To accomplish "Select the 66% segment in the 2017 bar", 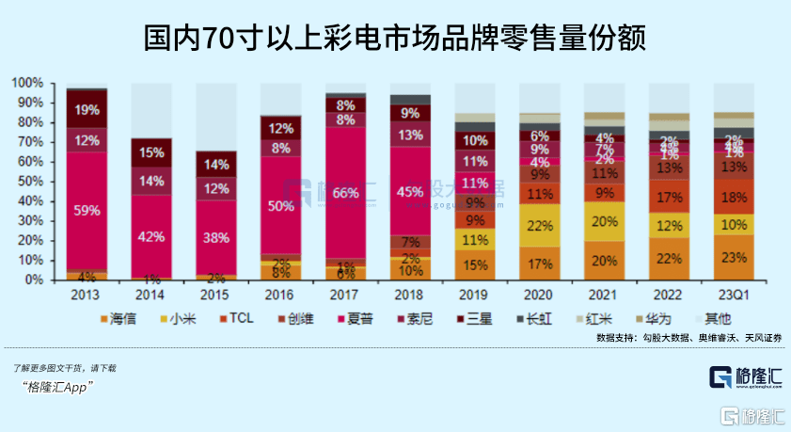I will pyautogui.click(x=346, y=193).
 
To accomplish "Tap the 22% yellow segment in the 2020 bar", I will pyautogui.click(x=540, y=226).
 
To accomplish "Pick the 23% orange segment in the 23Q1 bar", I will pyautogui.click(x=734, y=257).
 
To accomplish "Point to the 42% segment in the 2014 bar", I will pyautogui.click(x=151, y=236).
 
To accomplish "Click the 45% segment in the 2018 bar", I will pyautogui.click(x=410, y=193).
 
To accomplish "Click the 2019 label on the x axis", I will pyautogui.click(x=475, y=294).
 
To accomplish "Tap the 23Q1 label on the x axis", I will pyautogui.click(x=734, y=294).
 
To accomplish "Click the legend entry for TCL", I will pyautogui.click(x=237, y=318).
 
